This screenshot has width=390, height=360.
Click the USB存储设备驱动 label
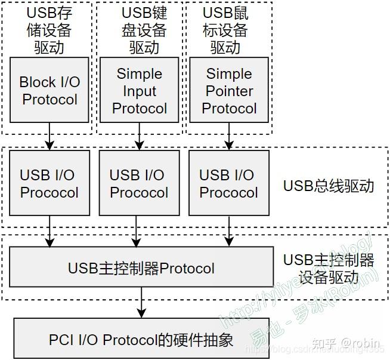tap(48, 30)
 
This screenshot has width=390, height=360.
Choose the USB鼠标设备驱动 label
tap(225, 30)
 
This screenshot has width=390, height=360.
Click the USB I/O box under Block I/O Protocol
tap(49, 183)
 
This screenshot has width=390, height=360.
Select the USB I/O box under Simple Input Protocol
tap(139, 183)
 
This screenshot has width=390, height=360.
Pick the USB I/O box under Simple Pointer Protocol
tap(228, 183)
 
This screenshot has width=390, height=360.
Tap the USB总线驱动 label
tap(329, 185)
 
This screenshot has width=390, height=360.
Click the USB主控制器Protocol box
tap(141, 268)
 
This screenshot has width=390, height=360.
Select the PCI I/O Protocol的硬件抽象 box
tap(141, 340)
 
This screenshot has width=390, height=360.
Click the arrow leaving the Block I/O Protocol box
tap(49, 137)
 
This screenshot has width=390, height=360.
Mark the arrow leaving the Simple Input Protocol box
tap(139, 137)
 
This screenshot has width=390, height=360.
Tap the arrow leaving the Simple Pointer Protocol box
tap(228, 137)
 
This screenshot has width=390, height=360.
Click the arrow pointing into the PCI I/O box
tap(141, 303)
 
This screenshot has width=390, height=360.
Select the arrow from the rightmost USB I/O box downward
tap(228, 230)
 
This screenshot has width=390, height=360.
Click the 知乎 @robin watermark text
tap(346, 343)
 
